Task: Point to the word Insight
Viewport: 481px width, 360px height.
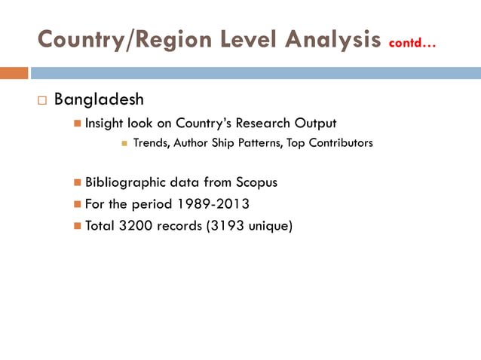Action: pos(104,124)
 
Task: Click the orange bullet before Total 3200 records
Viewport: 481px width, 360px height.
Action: pos(78,225)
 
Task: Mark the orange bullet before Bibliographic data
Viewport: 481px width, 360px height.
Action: pos(78,182)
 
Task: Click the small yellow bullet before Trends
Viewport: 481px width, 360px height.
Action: pos(124,143)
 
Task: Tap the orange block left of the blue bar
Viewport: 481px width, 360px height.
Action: pos(14,73)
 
